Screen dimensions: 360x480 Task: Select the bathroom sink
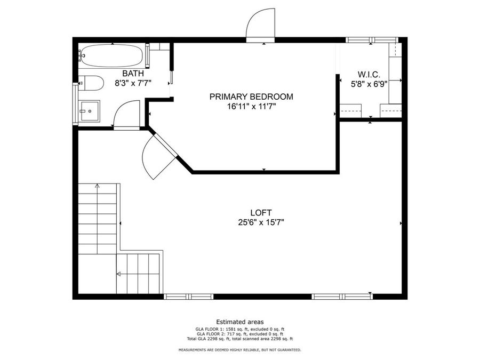pos(89,111)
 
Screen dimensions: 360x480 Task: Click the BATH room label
pos(133,74)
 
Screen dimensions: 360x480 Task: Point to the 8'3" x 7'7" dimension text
pos(133,83)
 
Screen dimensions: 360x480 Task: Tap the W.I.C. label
pos(369,74)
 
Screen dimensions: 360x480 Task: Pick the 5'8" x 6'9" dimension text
pos(369,84)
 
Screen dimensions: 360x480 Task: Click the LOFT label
pos(261,212)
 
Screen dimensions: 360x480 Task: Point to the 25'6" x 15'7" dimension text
pos(261,222)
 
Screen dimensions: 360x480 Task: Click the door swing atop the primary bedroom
pos(259,25)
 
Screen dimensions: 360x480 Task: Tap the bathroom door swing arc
pos(126,113)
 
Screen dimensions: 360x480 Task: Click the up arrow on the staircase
pos(97,187)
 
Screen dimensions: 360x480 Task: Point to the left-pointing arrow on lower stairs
pos(119,274)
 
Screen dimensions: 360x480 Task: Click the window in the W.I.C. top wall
pos(371,39)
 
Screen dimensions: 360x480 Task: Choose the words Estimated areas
pos(239,322)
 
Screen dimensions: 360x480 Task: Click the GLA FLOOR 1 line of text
pos(239,329)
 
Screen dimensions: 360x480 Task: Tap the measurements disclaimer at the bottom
pos(239,350)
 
